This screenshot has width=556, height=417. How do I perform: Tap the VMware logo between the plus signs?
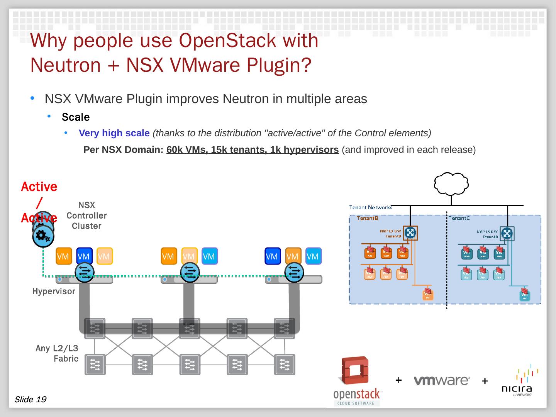point(442,380)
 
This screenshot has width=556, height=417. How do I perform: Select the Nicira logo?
point(517,382)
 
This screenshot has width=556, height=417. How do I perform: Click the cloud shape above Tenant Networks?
point(451,184)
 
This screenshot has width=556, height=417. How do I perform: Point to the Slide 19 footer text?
point(30,399)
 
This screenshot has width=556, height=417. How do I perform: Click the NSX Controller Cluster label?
point(86,215)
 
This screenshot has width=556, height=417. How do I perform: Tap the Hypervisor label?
point(54,292)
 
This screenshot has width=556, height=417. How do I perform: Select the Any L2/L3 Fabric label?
point(57,353)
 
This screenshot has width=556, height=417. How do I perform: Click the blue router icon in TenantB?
point(410,232)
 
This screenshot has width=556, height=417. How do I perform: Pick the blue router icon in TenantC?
point(507,233)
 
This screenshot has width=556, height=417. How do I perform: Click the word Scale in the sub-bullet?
point(76,117)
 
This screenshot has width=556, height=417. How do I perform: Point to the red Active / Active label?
point(39,202)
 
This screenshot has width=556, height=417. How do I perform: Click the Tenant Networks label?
point(371,207)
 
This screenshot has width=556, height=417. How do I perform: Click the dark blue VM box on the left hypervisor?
point(84,256)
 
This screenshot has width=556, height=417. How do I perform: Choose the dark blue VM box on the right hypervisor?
point(272,256)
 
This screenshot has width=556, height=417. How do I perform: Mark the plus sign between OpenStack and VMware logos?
point(398,380)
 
